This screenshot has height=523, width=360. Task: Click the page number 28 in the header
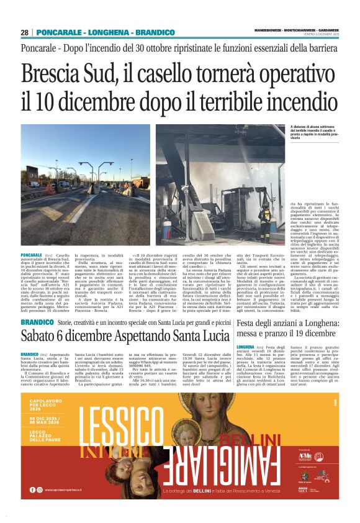click(25, 32)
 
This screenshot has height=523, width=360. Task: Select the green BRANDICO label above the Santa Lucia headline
click(37, 323)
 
